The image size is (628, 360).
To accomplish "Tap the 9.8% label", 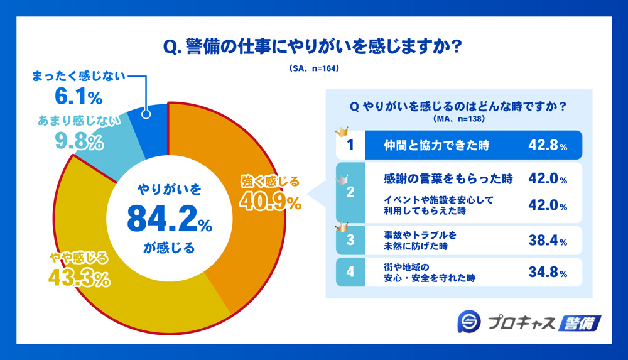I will pos(78,143).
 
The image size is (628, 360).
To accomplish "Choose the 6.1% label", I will pos(78,97).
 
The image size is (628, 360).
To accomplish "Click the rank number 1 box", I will pos(350,145).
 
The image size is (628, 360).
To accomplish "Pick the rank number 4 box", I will pos(350,272).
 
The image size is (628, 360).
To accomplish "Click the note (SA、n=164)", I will pos(314,68).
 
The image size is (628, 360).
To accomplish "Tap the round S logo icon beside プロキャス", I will pos(470,323).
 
